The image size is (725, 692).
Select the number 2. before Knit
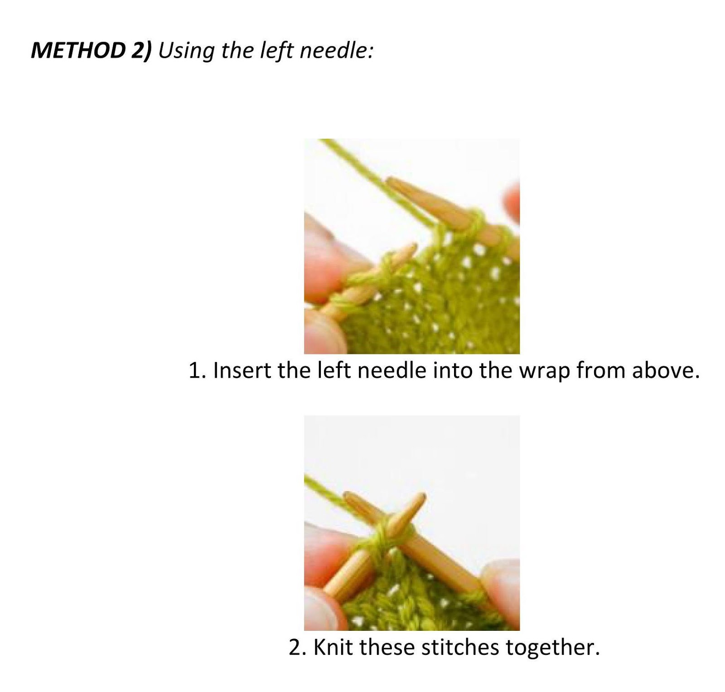(x=298, y=648)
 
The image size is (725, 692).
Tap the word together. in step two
(x=552, y=648)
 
